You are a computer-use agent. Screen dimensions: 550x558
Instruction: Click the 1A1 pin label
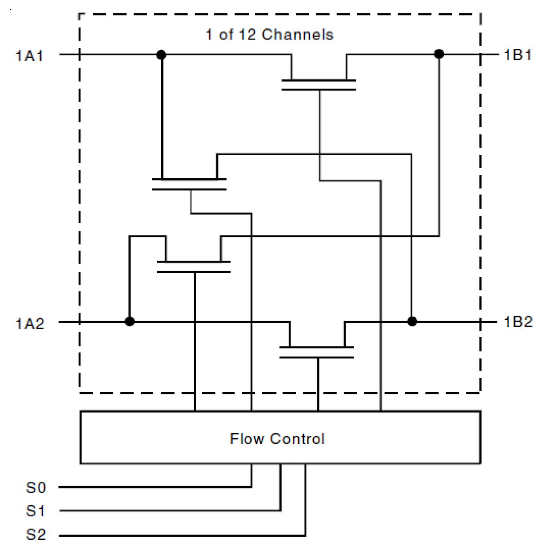pyautogui.click(x=30, y=56)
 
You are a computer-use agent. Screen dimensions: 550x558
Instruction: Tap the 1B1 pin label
pyautogui.click(x=518, y=55)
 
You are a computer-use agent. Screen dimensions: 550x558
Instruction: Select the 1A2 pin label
pyautogui.click(x=30, y=323)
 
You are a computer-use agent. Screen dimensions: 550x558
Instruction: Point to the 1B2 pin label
pyautogui.click(x=518, y=322)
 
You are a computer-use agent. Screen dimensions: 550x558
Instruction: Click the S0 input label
pyautogui.click(x=36, y=487)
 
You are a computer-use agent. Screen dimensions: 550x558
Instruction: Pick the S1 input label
pyautogui.click(x=36, y=511)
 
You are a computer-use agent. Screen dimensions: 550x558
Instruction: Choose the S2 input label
pyautogui.click(x=36, y=534)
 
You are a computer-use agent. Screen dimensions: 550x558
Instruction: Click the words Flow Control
pyautogui.click(x=277, y=439)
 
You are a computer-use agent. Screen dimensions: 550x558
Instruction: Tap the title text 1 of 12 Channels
pyautogui.click(x=270, y=35)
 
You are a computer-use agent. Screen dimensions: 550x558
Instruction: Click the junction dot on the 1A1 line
pyautogui.click(x=162, y=55)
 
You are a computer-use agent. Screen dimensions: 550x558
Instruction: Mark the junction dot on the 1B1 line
pyautogui.click(x=439, y=54)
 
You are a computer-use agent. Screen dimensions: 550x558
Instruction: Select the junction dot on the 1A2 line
pyautogui.click(x=130, y=322)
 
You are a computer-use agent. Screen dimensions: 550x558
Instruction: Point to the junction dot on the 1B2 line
pyautogui.click(x=412, y=322)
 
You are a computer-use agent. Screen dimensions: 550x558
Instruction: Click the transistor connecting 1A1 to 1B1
pyautogui.click(x=319, y=84)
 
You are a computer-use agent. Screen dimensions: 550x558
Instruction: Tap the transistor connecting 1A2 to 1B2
pyautogui.click(x=317, y=352)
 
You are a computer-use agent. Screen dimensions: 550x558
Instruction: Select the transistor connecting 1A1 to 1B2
pyautogui.click(x=189, y=184)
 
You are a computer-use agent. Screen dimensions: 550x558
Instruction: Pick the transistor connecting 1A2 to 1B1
pyautogui.click(x=194, y=266)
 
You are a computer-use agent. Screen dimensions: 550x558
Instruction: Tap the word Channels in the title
pyautogui.click(x=298, y=35)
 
